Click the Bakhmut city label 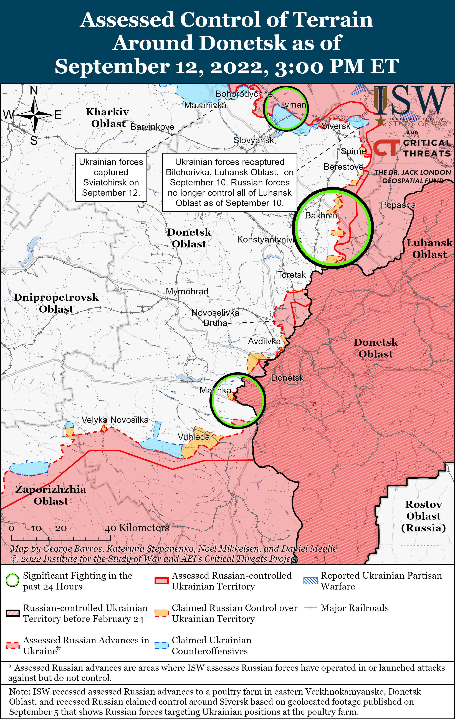323,215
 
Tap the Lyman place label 293,105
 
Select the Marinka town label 215,390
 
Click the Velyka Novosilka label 115,420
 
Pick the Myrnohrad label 187,291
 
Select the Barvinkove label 152,127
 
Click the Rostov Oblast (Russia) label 423,516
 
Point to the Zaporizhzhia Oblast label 51,495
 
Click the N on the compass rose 34,90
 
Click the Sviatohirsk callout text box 111,177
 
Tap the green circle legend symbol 12,580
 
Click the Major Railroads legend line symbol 310,608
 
